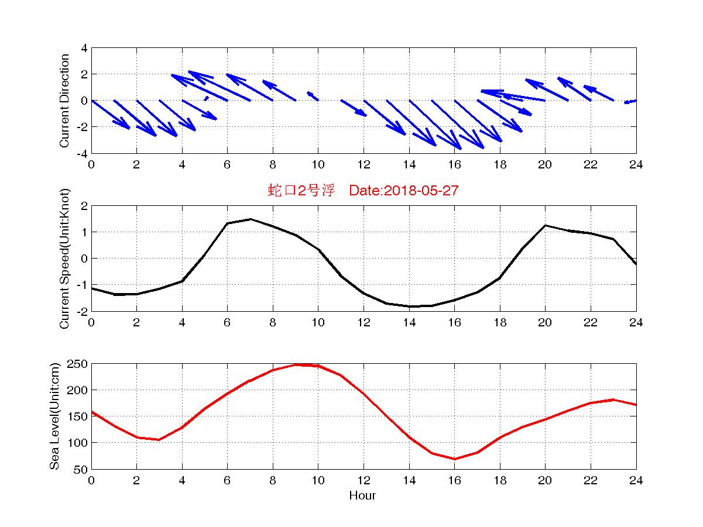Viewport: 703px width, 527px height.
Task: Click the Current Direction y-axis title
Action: click(65, 101)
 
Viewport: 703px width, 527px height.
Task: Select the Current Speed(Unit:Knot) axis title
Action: click(65, 258)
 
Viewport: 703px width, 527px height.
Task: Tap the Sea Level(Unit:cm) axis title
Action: click(54, 416)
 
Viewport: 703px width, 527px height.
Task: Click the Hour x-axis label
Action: click(362, 496)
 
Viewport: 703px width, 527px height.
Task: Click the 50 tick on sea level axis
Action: click(81, 469)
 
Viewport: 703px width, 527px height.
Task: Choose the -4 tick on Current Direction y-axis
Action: click(83, 153)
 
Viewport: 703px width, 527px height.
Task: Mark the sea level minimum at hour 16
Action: click(454, 459)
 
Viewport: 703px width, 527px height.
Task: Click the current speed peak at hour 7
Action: click(250, 219)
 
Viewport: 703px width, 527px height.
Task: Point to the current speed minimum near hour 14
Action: click(411, 306)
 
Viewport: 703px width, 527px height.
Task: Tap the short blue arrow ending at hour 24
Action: click(630, 102)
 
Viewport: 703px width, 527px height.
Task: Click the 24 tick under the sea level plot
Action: click(636, 481)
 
